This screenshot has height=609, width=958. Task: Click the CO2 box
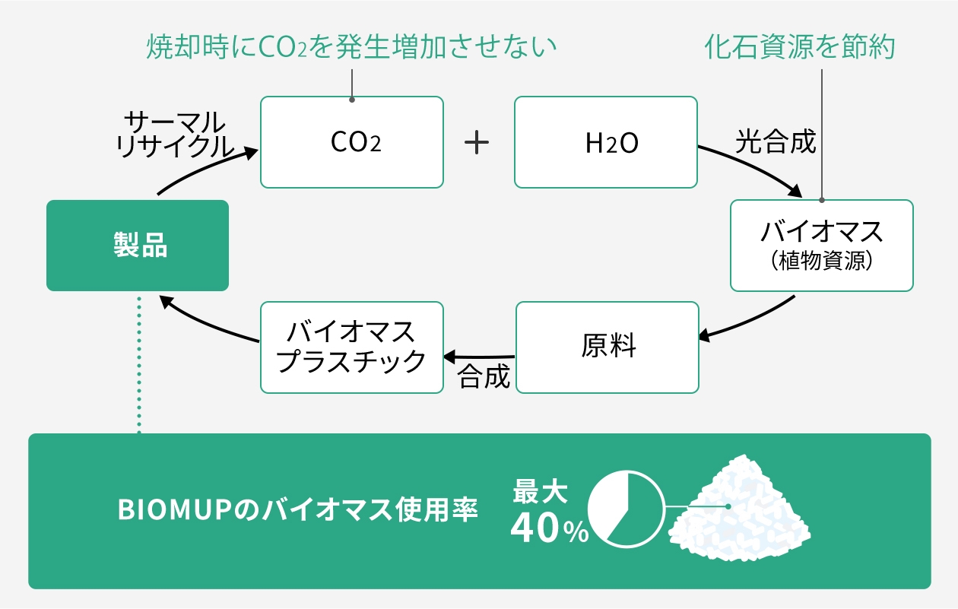click(351, 142)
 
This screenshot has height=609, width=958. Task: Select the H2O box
click(605, 142)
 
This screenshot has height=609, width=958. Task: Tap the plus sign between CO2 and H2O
click(477, 142)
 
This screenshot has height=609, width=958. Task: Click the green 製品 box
click(138, 246)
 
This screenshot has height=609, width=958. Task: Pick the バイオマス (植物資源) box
click(821, 246)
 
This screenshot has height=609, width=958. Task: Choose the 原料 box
click(607, 347)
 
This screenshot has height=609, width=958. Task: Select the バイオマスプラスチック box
click(351, 347)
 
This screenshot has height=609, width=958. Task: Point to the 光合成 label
click(775, 142)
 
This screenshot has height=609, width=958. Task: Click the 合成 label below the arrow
click(484, 376)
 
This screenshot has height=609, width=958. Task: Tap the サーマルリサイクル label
click(175, 135)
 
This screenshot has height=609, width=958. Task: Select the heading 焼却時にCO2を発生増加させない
click(351, 48)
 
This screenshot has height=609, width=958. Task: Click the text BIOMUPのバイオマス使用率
click(298, 511)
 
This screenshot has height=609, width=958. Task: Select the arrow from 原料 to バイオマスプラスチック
click(479, 356)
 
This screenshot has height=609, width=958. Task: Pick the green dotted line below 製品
click(139, 365)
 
